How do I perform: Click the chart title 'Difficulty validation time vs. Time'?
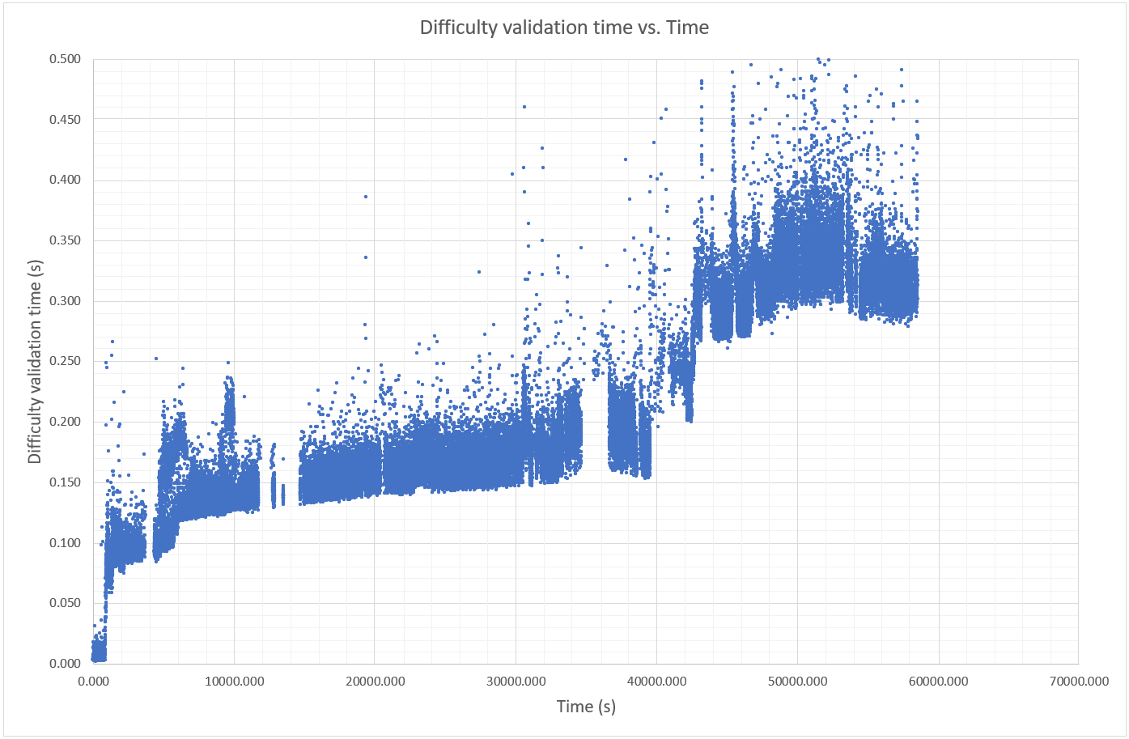[564, 28]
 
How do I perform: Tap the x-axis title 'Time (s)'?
[586, 707]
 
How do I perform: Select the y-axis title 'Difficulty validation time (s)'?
[35, 362]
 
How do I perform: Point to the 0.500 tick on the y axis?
[66, 59]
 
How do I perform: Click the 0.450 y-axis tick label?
[66, 120]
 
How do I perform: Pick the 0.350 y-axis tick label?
[66, 240]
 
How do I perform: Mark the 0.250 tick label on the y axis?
[66, 361]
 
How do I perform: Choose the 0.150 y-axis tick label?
[66, 482]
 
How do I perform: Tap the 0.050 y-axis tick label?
[66, 603]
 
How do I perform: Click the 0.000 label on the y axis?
[66, 664]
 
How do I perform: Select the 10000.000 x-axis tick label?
[234, 682]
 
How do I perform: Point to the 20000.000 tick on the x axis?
[375, 682]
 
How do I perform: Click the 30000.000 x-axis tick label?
[516, 682]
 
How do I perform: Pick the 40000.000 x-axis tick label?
[656, 682]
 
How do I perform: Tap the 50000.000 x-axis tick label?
[797, 682]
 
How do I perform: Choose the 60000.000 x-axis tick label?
[938, 682]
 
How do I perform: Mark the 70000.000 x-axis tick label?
[1079, 682]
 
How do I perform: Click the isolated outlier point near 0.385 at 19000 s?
[366, 197]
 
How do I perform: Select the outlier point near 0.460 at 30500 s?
[524, 107]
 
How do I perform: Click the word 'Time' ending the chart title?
[688, 28]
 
